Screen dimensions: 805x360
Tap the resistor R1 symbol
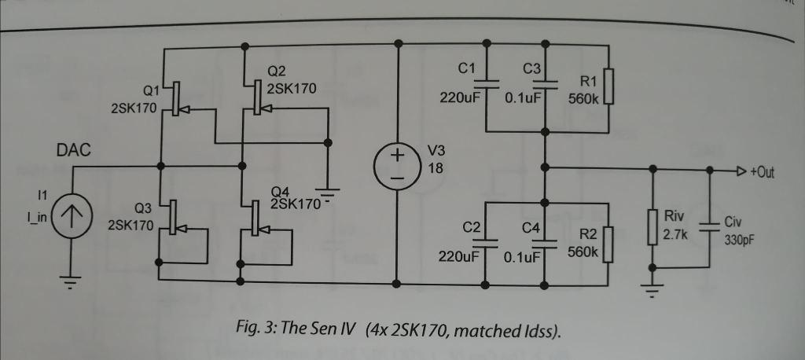[608, 86]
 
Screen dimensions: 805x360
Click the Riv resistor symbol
[652, 226]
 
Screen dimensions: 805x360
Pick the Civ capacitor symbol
[710, 226]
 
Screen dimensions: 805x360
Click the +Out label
[762, 172]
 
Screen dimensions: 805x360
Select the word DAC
[74, 150]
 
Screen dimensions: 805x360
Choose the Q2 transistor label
[276, 72]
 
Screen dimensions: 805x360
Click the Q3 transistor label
[143, 209]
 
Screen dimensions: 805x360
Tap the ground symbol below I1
[72, 282]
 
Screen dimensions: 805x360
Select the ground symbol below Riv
[652, 291]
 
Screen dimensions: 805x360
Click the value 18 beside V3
[435, 167]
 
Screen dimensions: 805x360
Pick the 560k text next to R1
[583, 97]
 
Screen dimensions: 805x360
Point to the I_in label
[37, 217]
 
